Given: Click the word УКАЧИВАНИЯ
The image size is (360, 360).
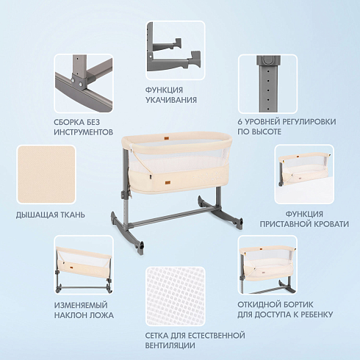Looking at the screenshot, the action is point(171,100).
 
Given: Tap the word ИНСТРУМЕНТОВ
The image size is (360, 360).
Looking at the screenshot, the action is point(84,132).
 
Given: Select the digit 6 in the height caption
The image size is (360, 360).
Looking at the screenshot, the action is point(240,122).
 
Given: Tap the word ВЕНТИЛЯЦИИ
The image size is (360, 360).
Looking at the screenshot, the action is point(170,345).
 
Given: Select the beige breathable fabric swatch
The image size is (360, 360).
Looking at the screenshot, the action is point(46,174).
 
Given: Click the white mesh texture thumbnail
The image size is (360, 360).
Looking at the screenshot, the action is point(176,296).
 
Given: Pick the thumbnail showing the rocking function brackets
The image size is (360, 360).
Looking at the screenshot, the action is point(176,50).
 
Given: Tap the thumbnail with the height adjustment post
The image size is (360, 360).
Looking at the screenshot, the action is point(267,84).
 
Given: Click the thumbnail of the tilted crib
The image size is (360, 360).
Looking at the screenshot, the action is point(84,264).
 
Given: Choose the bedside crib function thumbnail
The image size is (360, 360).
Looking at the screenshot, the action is point(304,174).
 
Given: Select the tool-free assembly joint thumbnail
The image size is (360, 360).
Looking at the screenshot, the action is point(84,83).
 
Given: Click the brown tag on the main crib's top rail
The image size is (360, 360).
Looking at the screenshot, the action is point(168,139).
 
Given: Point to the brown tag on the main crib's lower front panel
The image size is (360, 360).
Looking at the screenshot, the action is point(168,183).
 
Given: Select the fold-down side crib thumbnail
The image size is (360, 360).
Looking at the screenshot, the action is point(267,264).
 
